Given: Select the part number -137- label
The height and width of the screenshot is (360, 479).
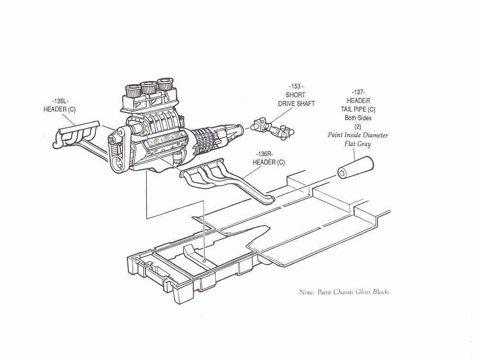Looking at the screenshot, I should click(x=358, y=92).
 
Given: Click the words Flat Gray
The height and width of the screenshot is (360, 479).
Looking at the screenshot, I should click(x=357, y=143).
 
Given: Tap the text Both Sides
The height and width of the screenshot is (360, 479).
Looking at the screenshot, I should click(x=358, y=118).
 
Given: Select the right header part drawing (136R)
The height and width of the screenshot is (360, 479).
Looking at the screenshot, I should click(x=225, y=180).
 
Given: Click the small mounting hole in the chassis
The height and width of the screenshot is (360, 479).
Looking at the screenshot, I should click(x=205, y=260).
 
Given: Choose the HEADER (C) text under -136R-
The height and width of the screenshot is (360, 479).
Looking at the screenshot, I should click(x=268, y=163).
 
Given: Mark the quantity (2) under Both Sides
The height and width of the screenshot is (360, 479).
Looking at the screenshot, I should click(x=358, y=127).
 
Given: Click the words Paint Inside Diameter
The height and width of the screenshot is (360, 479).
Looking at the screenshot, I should click(x=358, y=135).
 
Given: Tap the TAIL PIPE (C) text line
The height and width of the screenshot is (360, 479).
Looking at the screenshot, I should click(x=358, y=109).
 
